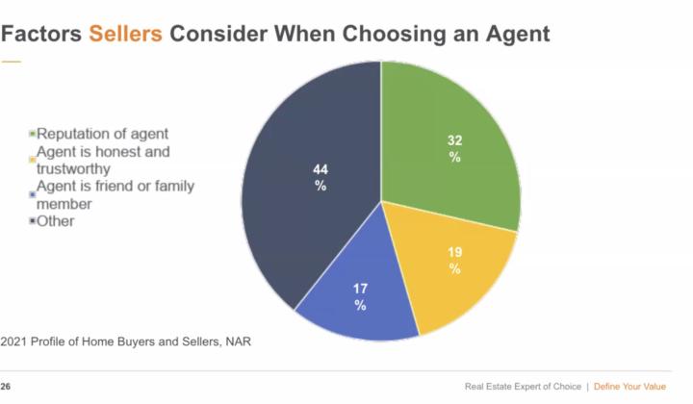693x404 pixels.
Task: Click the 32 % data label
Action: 454,148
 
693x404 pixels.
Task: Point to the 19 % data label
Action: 453,261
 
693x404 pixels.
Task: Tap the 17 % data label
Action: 360,296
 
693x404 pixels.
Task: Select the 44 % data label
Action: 321,177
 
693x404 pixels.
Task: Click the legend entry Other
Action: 57,221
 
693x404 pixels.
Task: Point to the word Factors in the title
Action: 41,34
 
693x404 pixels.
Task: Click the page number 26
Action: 7,386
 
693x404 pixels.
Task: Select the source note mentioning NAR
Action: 128,341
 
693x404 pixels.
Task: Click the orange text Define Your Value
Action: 629,387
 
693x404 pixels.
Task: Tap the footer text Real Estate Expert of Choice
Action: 523,387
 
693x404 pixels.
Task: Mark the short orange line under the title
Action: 11,61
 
